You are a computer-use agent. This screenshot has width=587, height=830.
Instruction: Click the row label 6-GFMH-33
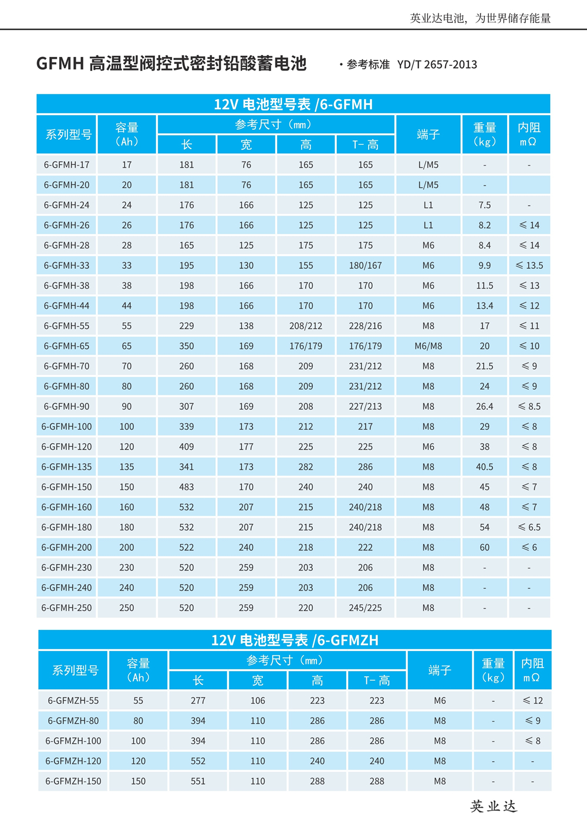click(66, 265)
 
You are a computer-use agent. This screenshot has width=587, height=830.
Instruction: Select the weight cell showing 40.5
click(484, 467)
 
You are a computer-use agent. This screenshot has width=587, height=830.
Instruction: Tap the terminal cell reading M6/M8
click(428, 346)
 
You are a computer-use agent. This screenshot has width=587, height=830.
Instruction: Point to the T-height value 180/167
click(365, 265)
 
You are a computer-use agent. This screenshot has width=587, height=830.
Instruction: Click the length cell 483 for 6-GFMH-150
click(186, 487)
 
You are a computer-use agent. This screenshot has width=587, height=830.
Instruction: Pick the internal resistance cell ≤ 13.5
click(529, 265)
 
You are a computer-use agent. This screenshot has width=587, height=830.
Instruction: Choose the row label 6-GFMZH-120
click(73, 761)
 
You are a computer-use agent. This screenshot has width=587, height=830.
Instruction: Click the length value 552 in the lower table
click(198, 761)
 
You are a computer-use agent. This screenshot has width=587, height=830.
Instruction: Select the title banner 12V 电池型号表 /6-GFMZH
click(295, 640)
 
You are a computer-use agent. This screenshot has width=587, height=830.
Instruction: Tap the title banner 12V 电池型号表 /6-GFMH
click(293, 104)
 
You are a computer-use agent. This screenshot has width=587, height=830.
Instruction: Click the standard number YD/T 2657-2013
click(437, 65)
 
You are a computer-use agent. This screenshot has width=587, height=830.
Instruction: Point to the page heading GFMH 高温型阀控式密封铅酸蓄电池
click(171, 63)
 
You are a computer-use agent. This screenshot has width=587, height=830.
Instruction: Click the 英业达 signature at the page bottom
click(493, 807)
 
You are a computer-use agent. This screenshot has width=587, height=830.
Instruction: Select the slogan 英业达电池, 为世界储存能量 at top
click(480, 18)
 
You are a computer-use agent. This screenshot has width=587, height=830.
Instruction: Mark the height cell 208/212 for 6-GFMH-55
click(305, 326)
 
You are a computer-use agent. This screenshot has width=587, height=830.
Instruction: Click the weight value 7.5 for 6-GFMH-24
click(484, 205)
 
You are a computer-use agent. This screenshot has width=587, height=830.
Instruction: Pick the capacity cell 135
click(127, 467)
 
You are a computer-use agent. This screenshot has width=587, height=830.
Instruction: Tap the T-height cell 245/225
click(365, 608)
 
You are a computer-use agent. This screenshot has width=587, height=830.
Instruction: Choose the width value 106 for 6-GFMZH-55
click(258, 700)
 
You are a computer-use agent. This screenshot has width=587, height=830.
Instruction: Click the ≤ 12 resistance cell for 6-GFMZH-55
click(532, 700)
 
